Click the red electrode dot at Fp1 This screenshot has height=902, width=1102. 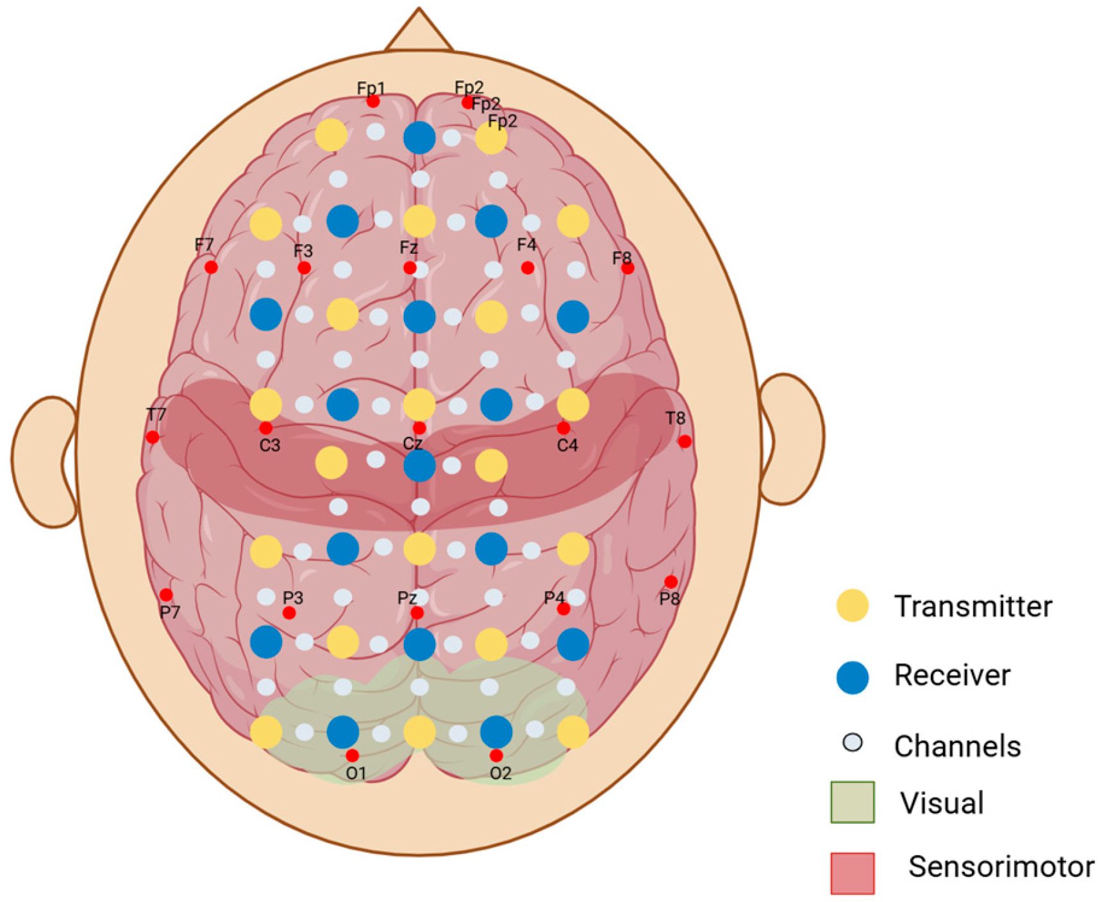coord(373,101)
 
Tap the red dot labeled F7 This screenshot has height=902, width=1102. coord(211,267)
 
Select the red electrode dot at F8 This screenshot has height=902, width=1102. coord(628,268)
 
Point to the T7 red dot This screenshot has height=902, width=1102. coord(153,437)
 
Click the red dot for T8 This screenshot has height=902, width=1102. coord(685,441)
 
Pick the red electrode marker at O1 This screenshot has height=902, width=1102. coord(352,755)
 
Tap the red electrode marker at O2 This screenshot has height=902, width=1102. coord(496,755)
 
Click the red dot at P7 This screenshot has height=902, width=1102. coord(166,594)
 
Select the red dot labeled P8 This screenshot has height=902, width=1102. coord(671,582)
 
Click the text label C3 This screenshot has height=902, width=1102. coord(270,445)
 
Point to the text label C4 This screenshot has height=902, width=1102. coord(567,445)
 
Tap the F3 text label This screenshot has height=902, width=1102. coord(303,250)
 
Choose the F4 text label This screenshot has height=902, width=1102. coord(526,245)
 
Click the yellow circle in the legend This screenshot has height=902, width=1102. coord(853,605)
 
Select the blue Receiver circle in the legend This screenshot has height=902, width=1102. coord(853,677)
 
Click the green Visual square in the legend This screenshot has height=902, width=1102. coord(852,801)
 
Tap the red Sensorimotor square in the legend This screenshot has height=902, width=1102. coord(852,873)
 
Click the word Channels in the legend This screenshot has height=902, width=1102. coord(957,746)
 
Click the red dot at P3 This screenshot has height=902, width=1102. coord(289,613)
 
